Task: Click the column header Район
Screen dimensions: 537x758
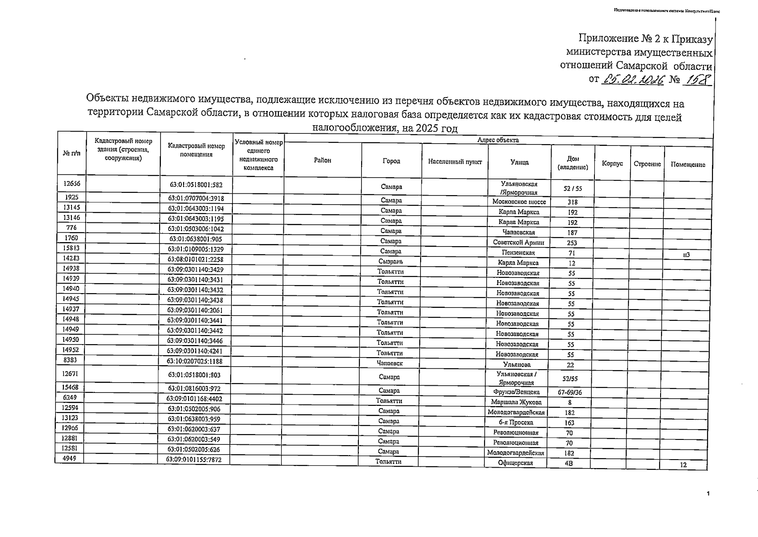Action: (x=322, y=161)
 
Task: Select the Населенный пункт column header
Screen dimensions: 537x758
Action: (x=455, y=162)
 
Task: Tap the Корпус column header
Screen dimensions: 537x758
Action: (x=612, y=164)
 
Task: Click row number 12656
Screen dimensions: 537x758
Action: (x=72, y=183)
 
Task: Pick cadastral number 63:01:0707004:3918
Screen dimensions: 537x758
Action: (x=196, y=198)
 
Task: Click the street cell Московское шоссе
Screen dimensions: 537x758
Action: (x=519, y=202)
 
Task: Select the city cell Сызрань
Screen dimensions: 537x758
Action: (x=391, y=261)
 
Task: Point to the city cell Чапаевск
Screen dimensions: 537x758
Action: (x=390, y=363)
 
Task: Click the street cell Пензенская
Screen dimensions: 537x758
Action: (x=518, y=253)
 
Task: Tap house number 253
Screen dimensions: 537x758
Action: (x=572, y=243)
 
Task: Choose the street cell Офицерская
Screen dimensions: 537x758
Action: (x=515, y=463)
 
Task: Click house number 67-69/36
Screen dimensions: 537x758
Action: (x=570, y=392)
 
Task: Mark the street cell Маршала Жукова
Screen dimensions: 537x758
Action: (x=516, y=402)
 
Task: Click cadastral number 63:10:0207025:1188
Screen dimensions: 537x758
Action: (x=194, y=361)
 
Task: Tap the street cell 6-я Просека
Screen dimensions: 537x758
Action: (x=516, y=422)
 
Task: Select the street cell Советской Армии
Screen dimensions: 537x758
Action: (x=518, y=243)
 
